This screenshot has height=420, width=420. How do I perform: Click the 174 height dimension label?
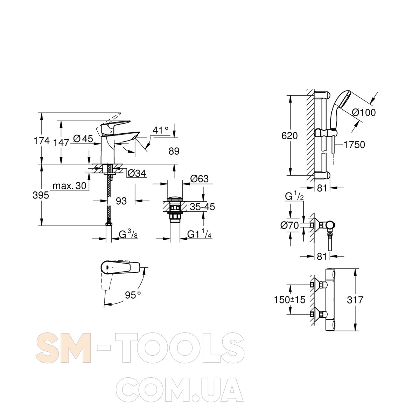42,141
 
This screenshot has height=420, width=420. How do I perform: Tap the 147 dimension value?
62,142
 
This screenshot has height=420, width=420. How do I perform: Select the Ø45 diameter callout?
83,138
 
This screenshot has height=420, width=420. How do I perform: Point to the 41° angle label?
160,130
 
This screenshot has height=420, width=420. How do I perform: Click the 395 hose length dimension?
41,195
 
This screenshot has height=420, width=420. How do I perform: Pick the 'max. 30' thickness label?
70,186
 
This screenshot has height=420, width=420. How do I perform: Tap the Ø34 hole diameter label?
137,173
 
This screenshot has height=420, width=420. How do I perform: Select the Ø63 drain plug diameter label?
199,179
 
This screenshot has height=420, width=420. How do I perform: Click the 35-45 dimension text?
202,206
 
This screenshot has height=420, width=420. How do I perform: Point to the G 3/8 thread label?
128,235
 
